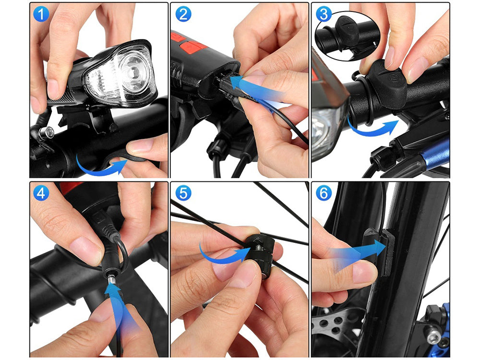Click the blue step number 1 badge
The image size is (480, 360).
click(41, 14)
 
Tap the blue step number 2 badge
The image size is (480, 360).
click(183, 14)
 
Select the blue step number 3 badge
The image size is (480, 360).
click(324, 14)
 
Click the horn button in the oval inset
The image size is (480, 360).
click(347, 29)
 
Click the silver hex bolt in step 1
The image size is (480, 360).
click(47, 132)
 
